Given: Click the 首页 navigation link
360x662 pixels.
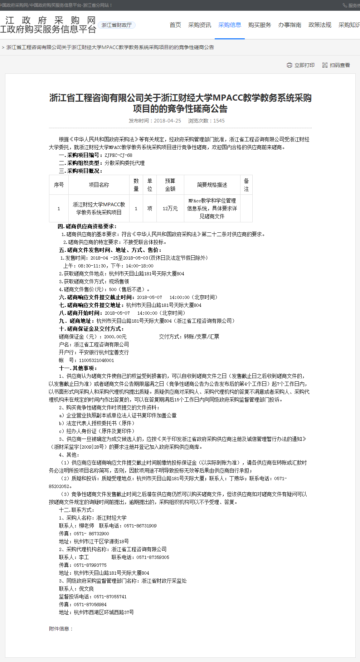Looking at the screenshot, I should click(175, 25).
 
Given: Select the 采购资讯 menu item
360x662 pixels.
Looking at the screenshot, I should click(200, 25).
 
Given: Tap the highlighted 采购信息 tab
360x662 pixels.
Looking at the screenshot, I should click(230, 25).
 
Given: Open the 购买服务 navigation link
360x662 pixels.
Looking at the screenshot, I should click(260, 25).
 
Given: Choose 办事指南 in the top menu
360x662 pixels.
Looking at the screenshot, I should click(290, 25).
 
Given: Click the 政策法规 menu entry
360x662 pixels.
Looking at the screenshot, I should click(320, 25).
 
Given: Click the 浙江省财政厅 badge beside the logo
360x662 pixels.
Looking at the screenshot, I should click(117, 25).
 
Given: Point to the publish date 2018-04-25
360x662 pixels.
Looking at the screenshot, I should click(167, 121).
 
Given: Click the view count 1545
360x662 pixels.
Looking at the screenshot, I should click(219, 121).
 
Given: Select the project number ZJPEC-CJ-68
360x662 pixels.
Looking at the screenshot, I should click(118, 155).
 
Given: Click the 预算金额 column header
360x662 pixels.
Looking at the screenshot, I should click(170, 185).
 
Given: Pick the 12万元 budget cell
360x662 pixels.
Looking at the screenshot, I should click(170, 208).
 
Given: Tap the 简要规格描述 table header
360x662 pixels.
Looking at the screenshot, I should click(212, 185).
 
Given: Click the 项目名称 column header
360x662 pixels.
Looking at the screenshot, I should click(99, 185).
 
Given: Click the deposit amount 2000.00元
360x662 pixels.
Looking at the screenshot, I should click(115, 337).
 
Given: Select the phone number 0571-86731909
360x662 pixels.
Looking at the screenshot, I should click(140, 526).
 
